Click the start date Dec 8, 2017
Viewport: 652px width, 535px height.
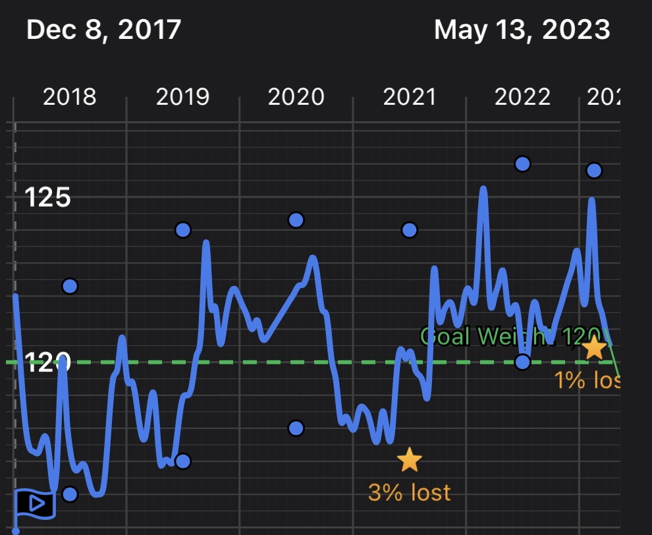[x=103, y=30]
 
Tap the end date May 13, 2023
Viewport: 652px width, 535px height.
[x=522, y=30]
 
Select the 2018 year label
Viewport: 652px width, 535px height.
[x=69, y=98]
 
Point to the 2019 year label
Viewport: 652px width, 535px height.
[x=182, y=98]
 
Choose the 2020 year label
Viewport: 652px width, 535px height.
[x=296, y=98]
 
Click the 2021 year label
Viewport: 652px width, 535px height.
[x=409, y=98]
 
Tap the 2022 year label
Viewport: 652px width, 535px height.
[x=522, y=98]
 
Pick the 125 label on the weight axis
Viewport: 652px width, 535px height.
[x=47, y=197]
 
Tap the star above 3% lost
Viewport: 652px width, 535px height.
[x=409, y=460]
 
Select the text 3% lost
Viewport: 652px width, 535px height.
[x=409, y=492]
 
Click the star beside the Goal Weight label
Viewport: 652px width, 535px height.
[x=594, y=347]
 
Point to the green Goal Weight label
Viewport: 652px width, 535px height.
[x=510, y=336]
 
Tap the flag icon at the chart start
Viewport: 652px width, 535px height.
[x=34, y=504]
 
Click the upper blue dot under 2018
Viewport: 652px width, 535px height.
[x=70, y=286]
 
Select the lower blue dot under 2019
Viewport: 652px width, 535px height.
[x=183, y=461]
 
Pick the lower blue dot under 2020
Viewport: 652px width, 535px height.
[x=296, y=428]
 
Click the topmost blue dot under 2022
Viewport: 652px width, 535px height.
[x=522, y=163]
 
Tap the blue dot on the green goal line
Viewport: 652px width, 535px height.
[x=522, y=362]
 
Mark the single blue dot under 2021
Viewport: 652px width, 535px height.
[x=410, y=230]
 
